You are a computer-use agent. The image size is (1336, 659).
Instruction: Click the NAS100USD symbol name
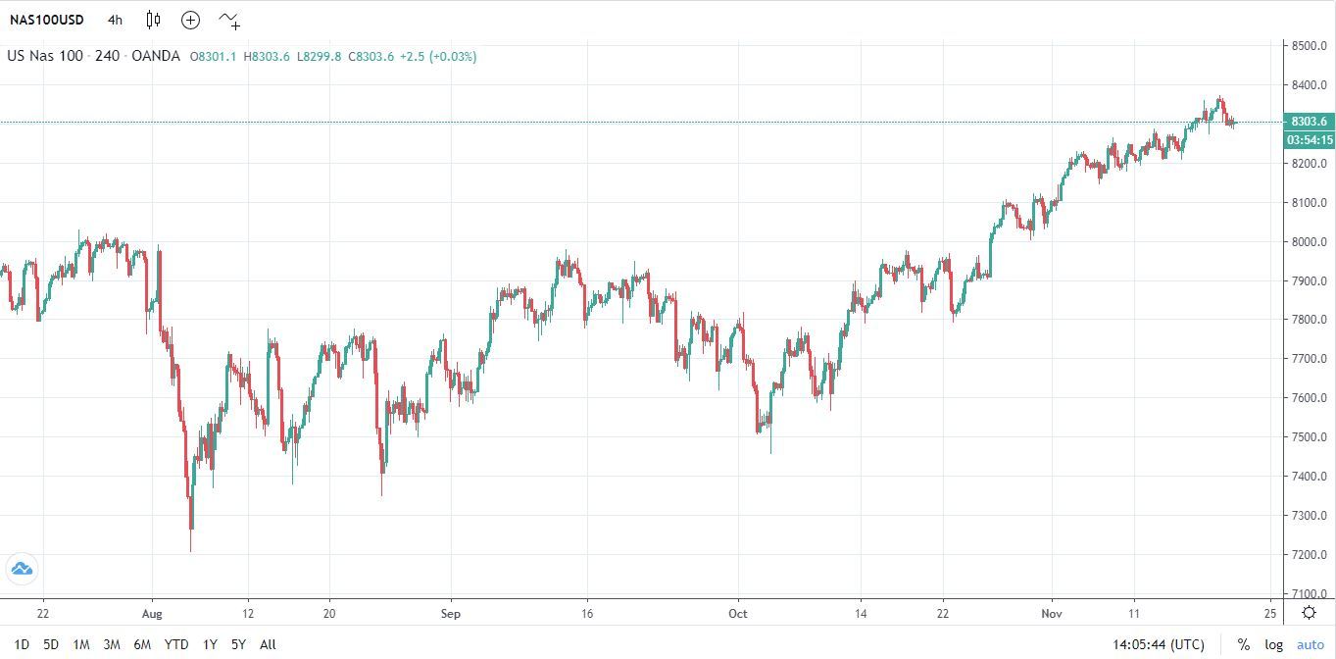coord(47,20)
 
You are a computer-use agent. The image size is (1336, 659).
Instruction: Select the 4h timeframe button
coord(116,20)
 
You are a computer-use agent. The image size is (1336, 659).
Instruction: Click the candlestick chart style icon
coord(153,20)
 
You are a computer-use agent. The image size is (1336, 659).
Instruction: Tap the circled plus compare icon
coord(190,20)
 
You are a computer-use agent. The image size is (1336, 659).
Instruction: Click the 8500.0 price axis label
coord(1310,46)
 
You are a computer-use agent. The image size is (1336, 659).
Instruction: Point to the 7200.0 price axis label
coord(1310,555)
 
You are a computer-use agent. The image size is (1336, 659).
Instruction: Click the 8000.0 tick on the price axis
coord(1310,242)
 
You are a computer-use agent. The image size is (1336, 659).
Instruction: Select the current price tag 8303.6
coord(1309,122)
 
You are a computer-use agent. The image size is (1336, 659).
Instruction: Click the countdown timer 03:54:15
coord(1309,140)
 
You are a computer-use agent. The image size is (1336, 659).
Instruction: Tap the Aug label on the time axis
coord(152,614)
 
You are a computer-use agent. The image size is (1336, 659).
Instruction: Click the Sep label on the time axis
coord(450,614)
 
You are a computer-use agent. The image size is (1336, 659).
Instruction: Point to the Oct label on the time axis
coord(738,614)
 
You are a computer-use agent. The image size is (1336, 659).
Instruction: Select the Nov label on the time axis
coord(1052,614)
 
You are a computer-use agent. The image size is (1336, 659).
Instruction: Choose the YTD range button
coord(176,644)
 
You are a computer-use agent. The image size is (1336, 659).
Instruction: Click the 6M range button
coord(142,644)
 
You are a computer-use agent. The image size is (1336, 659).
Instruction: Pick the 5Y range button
coord(238,644)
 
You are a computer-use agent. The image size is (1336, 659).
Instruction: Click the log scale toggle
coord(1273,644)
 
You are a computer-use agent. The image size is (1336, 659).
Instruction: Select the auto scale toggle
coord(1310,644)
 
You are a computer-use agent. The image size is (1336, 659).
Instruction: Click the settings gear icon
coord(1309,613)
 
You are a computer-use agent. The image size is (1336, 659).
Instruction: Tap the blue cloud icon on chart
coord(22,568)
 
